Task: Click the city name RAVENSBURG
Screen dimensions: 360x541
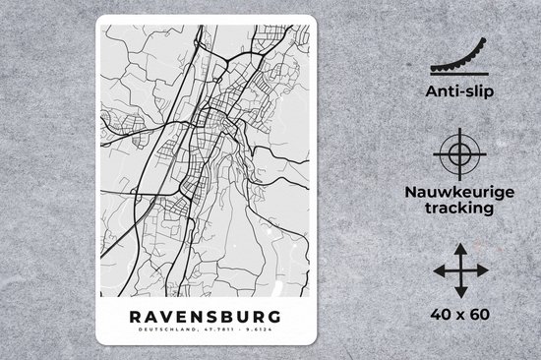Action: click(204, 317)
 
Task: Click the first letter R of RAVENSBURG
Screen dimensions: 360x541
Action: click(134, 317)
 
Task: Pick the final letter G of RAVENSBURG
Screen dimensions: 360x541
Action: click(272, 317)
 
